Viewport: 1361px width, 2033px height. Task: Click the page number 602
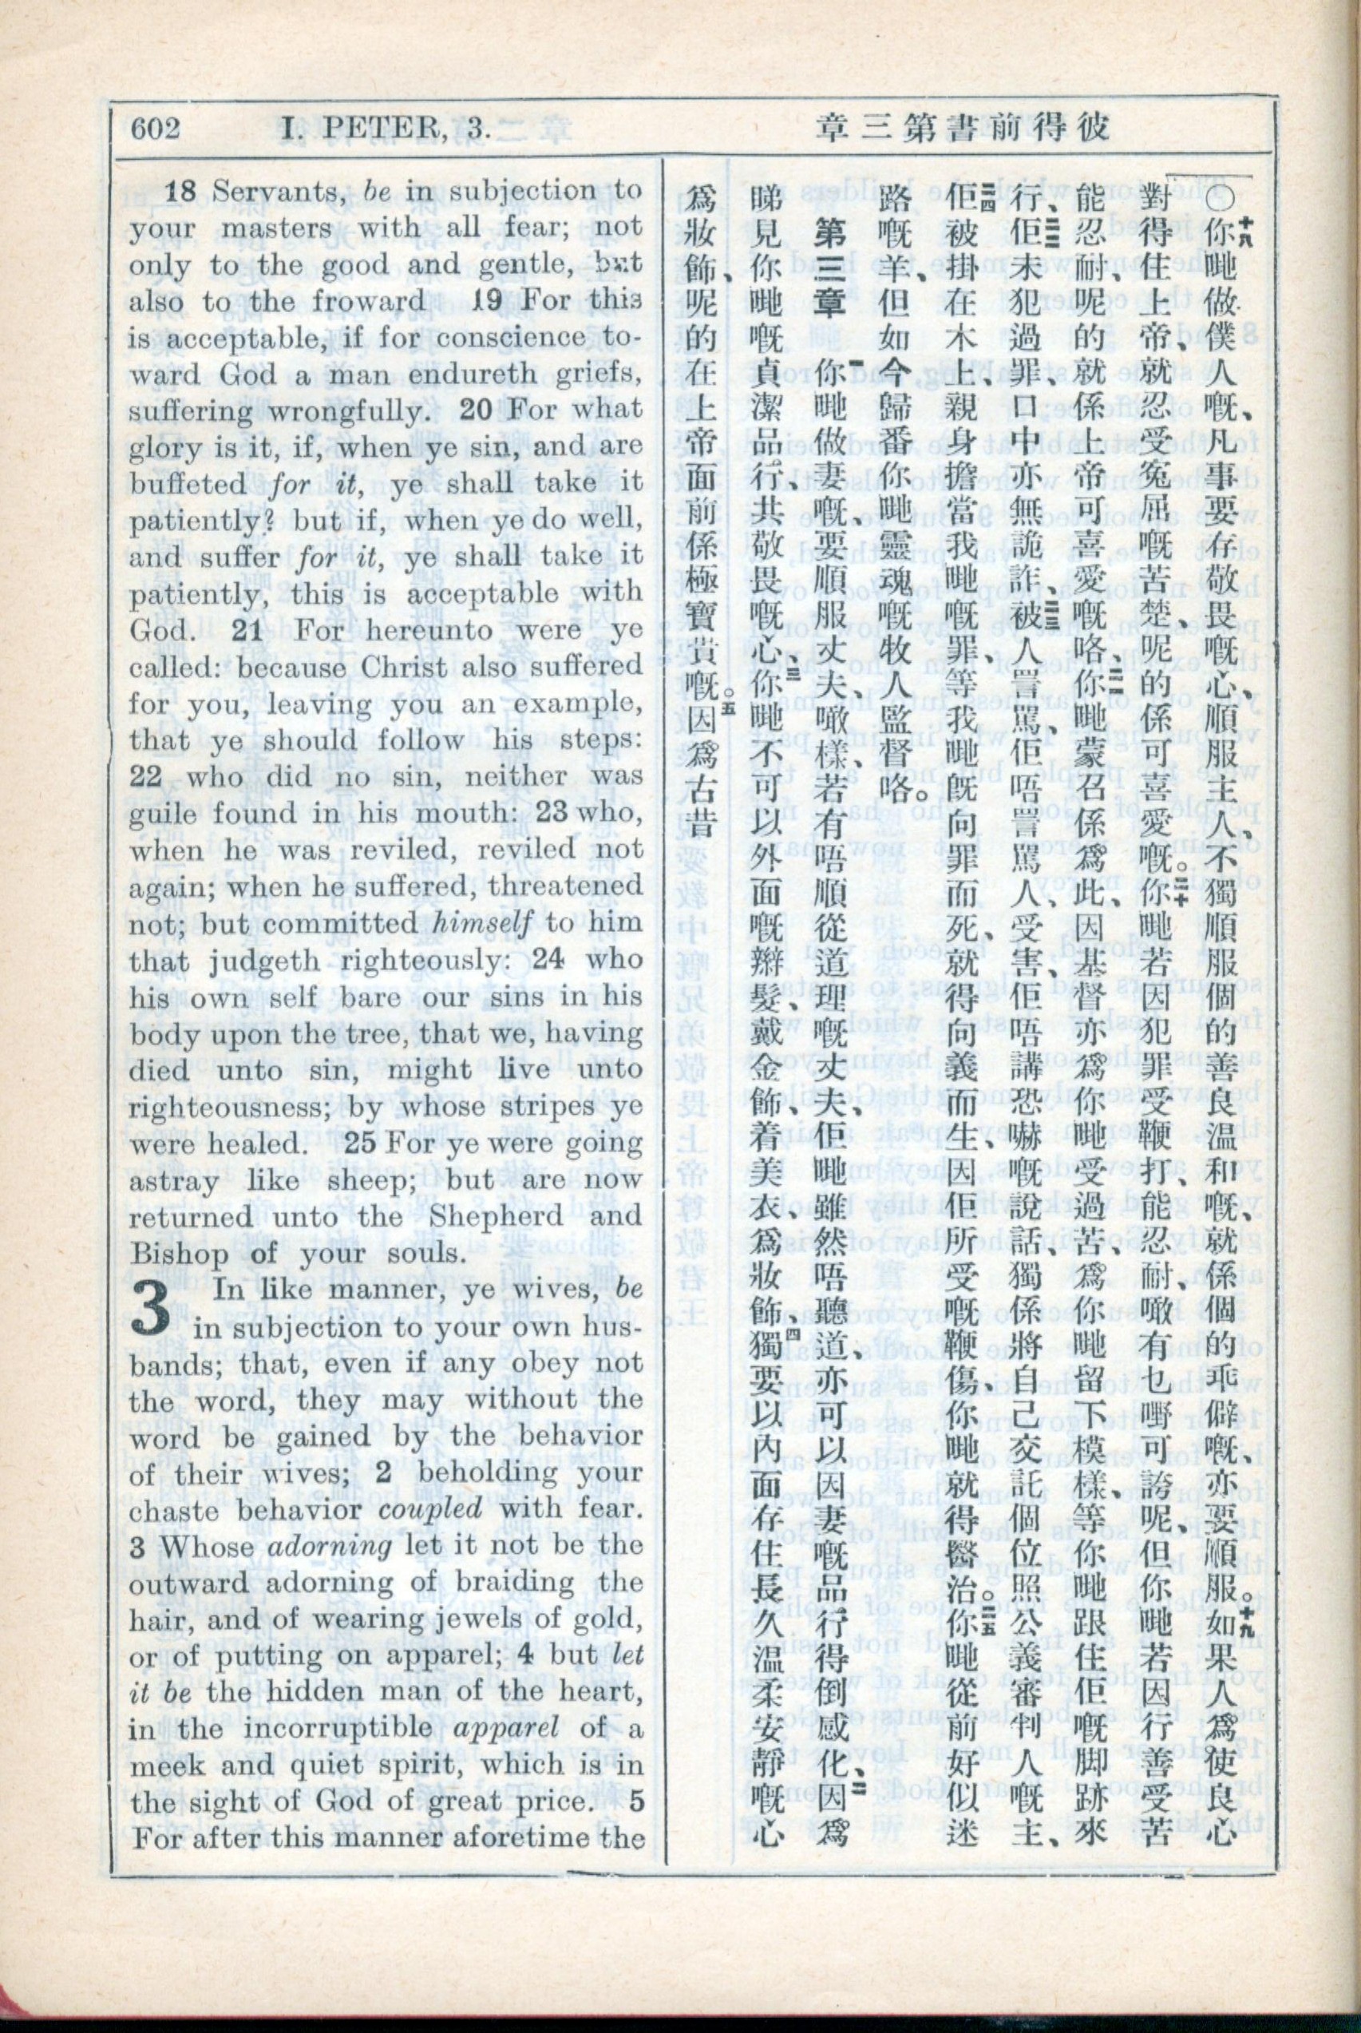[156, 129]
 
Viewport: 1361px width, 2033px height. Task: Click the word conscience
[514, 338]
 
